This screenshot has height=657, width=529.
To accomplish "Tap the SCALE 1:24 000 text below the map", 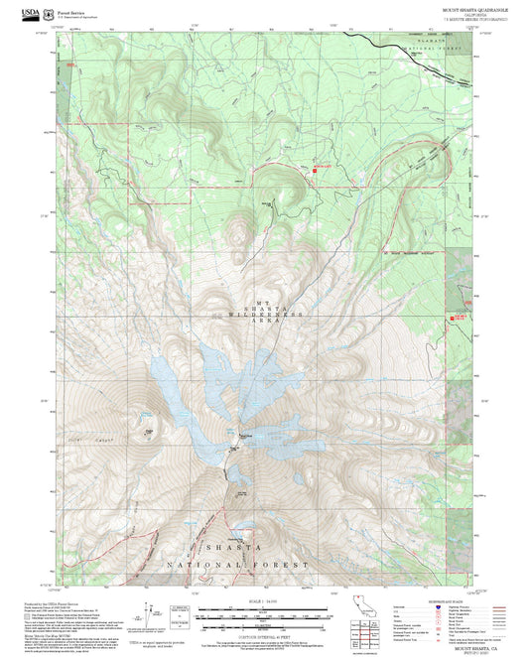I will tap(263, 599).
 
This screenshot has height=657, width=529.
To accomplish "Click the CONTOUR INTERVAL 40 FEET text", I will tap(263, 625).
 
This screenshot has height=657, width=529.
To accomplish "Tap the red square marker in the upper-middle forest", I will tap(316, 170).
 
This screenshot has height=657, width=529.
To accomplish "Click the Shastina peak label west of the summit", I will tap(150, 431).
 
